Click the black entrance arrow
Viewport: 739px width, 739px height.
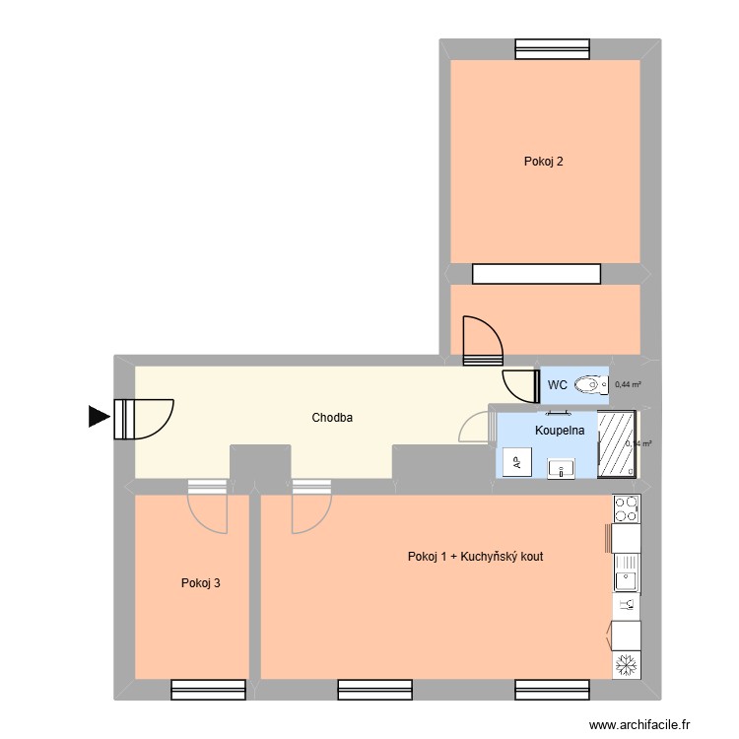tap(99, 417)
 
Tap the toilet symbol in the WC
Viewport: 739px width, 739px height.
tap(589, 384)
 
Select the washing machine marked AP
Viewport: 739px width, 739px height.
tap(515, 462)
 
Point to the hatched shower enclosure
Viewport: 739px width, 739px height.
tap(618, 443)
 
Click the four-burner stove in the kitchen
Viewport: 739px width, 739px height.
tap(626, 508)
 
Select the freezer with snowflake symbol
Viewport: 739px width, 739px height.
tap(626, 665)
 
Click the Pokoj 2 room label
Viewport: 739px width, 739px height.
tap(544, 162)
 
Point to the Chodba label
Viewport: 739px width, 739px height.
tap(332, 418)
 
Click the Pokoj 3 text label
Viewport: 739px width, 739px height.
tap(200, 583)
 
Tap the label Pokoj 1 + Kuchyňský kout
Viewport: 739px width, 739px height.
tap(475, 557)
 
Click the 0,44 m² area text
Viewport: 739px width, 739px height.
tap(627, 385)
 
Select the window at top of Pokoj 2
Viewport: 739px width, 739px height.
tap(551, 48)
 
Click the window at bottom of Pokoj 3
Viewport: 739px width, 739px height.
tap(208, 690)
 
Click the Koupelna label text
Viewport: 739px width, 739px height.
tap(560, 431)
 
